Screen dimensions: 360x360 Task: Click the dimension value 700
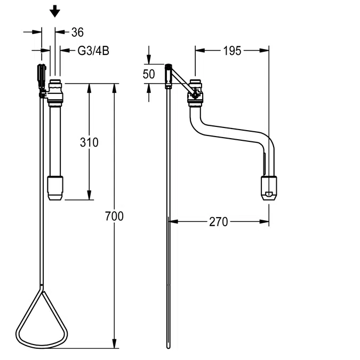[115, 216]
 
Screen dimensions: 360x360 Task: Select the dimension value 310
[89, 142]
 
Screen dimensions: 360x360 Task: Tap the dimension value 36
[77, 33]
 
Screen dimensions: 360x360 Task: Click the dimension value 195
[232, 51]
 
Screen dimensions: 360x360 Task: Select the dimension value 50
[149, 74]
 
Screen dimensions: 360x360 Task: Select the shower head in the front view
[55, 188]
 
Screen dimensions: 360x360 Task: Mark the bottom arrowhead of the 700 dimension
[115, 344]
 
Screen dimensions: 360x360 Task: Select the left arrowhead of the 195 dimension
[199, 51]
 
